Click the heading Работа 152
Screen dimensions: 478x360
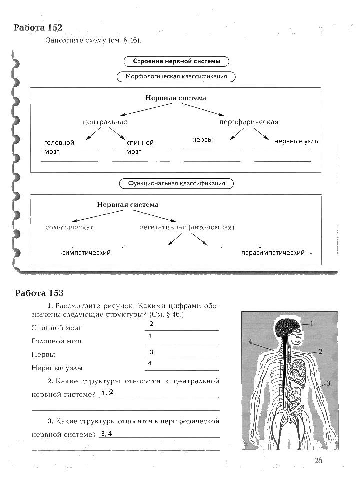click(x=38, y=28)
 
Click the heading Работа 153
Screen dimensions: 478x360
click(x=39, y=293)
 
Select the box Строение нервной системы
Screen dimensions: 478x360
click(x=176, y=61)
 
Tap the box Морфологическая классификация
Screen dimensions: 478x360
click(x=176, y=77)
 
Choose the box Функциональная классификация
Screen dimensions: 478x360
click(x=177, y=183)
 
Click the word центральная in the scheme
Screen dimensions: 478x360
click(x=105, y=122)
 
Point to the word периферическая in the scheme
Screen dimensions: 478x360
click(x=249, y=122)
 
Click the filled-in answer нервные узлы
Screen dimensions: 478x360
click(x=297, y=142)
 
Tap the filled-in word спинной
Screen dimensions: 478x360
click(x=140, y=143)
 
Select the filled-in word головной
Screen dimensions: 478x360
click(x=59, y=143)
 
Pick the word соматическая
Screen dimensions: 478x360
click(x=69, y=227)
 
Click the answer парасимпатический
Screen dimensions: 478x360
click(x=273, y=253)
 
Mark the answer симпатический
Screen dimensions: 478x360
click(x=87, y=253)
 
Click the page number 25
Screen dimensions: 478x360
click(x=318, y=461)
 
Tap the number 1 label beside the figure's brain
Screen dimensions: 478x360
click(x=311, y=323)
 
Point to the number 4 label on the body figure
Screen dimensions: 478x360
click(x=250, y=342)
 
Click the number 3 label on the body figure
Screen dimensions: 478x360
click(x=329, y=383)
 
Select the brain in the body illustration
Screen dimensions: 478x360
click(x=287, y=328)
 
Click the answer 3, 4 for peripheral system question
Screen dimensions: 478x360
click(x=105, y=433)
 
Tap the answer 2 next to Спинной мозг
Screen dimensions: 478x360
click(x=151, y=324)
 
